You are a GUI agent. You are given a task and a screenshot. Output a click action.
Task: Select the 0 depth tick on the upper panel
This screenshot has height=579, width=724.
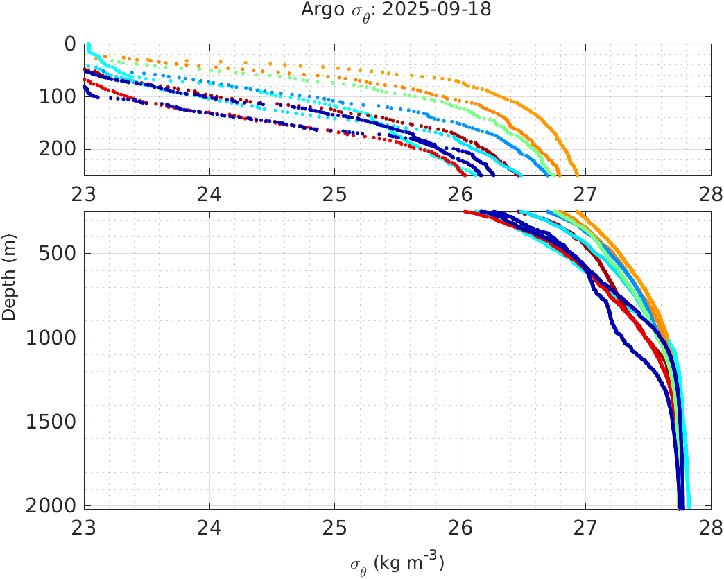point(70,44)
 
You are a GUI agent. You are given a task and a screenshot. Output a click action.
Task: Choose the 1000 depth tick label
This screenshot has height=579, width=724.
point(53,338)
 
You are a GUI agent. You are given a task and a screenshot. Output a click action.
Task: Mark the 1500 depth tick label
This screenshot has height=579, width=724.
point(53,422)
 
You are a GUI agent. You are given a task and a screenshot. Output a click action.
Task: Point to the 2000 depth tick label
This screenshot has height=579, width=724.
point(53,505)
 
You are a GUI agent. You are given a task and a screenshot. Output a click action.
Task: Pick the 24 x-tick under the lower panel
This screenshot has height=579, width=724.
point(209,526)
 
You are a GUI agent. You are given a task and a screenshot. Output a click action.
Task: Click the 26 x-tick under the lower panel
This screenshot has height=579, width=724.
point(460,526)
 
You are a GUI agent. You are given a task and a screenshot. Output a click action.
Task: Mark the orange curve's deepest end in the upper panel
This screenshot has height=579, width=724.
point(576,173)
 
